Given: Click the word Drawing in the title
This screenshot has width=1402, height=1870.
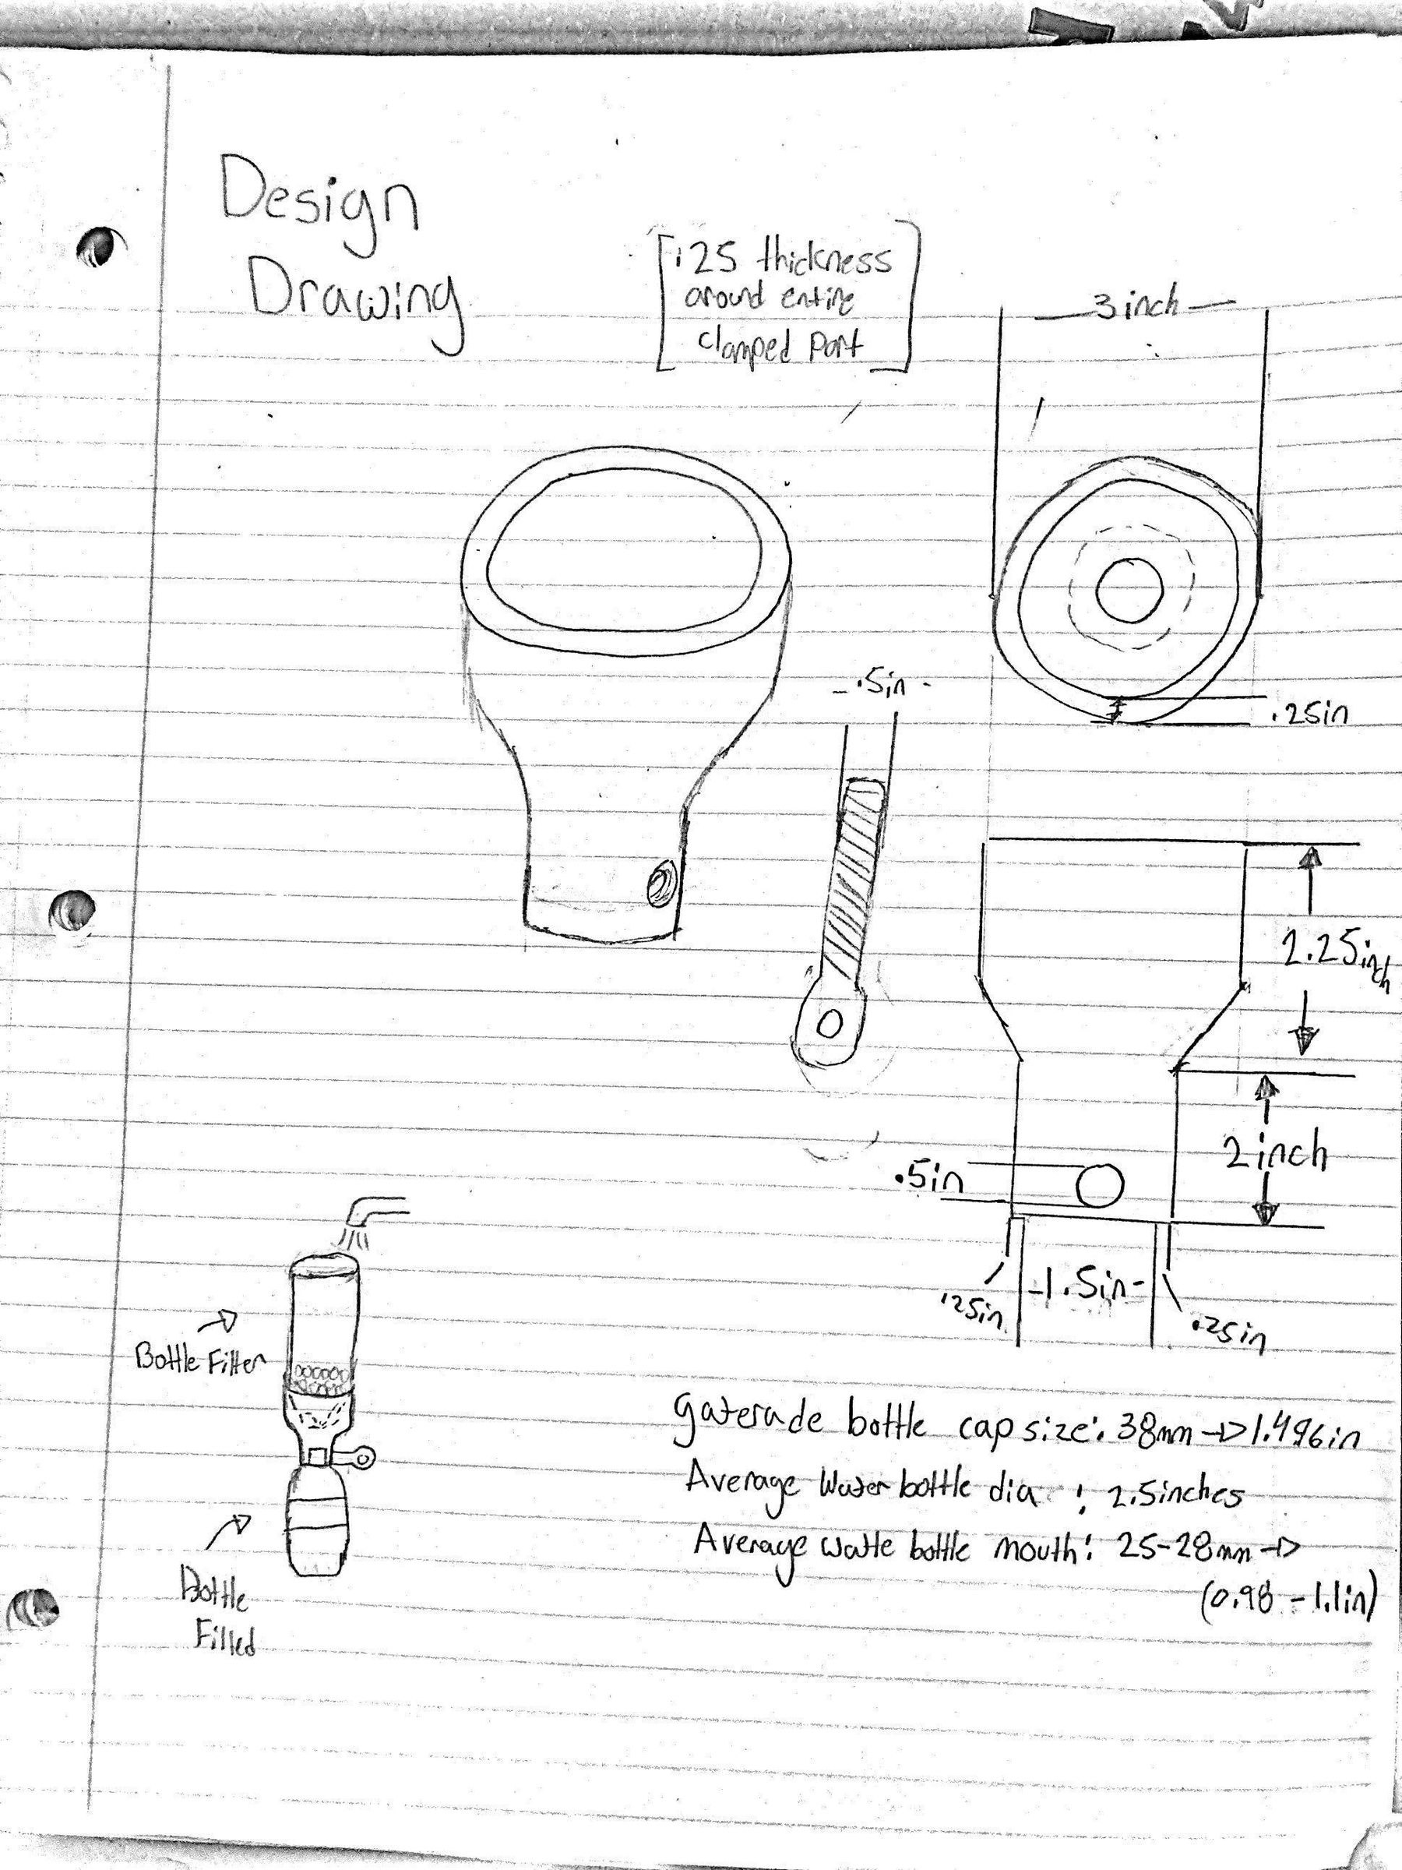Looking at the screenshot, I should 354,304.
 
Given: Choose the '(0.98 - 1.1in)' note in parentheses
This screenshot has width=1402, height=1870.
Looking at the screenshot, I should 1288,1602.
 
